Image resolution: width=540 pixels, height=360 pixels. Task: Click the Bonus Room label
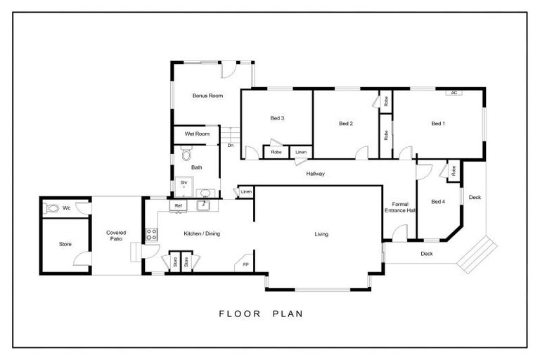[207, 95]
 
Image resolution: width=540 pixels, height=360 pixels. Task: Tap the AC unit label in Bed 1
[454, 92]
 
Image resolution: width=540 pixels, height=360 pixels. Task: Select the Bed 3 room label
[277, 118]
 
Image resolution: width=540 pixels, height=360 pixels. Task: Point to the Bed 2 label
[345, 124]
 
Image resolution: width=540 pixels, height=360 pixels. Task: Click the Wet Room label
[198, 134]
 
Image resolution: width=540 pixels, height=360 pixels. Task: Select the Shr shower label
[184, 183]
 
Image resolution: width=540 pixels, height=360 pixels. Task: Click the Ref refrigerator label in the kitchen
[179, 205]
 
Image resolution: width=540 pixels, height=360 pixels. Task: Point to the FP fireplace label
[245, 265]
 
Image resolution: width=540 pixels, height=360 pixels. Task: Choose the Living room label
[321, 234]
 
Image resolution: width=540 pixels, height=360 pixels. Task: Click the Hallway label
[314, 174]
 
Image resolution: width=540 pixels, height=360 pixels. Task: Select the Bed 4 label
[437, 202]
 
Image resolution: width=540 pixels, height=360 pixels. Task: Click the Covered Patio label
[116, 236]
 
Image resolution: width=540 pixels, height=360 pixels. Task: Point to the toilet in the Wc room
[50, 208]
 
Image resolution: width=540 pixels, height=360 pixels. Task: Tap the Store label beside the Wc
[65, 244]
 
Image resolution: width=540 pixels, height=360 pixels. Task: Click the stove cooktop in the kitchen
[150, 235]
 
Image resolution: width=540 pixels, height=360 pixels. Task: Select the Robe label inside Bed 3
[276, 152]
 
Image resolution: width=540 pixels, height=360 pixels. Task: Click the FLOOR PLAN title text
[260, 314]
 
